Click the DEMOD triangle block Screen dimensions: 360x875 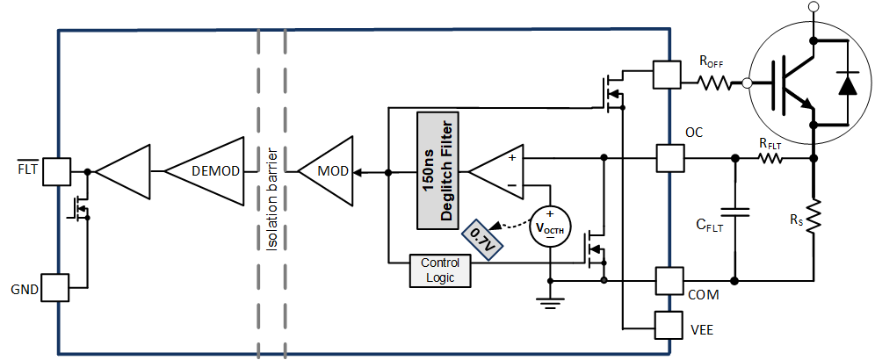coord(209,170)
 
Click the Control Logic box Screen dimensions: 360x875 coord(440,270)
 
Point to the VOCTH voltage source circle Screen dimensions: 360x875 coord(550,226)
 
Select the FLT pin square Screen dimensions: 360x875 coord(57,170)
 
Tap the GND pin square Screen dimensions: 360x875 coord(57,287)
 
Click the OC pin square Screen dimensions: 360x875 coord(670,159)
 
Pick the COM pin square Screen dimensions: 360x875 coord(670,281)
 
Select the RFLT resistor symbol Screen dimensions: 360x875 coord(770,159)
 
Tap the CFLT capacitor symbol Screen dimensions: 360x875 coord(734,212)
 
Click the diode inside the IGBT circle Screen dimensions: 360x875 coord(847,83)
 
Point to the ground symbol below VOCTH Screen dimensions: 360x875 coord(550,303)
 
